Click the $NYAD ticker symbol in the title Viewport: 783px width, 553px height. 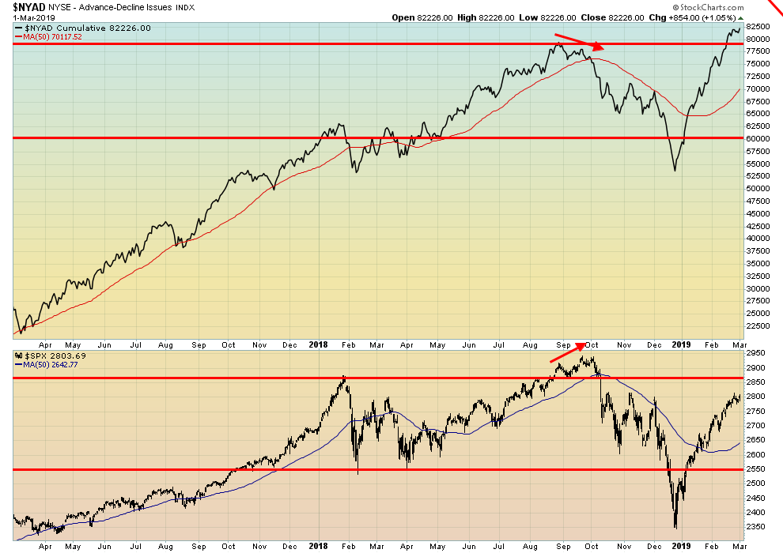[28, 7]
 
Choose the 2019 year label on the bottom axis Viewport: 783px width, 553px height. [680, 545]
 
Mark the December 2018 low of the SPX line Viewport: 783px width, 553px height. [675, 528]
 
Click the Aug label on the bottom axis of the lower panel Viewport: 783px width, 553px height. [165, 545]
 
